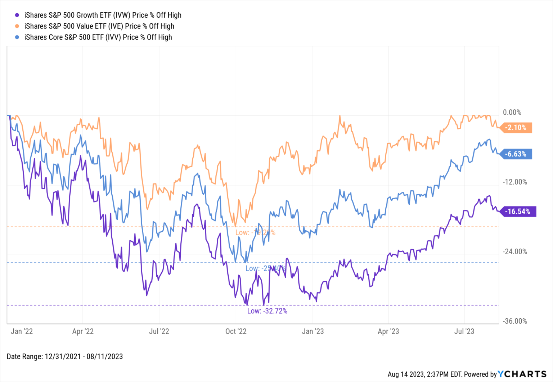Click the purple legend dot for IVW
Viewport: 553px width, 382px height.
tap(17, 15)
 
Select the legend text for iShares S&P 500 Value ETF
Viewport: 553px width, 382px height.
tap(99, 26)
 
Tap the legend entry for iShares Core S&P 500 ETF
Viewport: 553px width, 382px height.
tap(98, 37)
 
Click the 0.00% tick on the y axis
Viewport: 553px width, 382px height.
tap(512, 113)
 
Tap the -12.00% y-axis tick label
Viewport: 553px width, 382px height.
tap(515, 182)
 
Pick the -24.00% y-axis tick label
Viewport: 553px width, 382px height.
tap(515, 251)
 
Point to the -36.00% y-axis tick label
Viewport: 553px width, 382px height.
tap(515, 321)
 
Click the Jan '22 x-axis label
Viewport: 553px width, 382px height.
tap(22, 331)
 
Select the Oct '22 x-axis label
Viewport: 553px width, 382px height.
tap(236, 331)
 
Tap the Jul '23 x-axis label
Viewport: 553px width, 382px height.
tap(464, 331)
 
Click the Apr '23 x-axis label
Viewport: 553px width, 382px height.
tap(388, 331)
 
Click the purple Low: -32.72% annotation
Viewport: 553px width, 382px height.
tap(267, 311)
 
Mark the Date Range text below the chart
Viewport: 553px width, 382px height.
tap(65, 356)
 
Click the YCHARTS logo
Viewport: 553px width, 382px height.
tap(522, 374)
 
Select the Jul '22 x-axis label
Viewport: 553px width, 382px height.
tap(159, 331)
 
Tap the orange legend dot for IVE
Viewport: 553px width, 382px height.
tap(17, 26)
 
